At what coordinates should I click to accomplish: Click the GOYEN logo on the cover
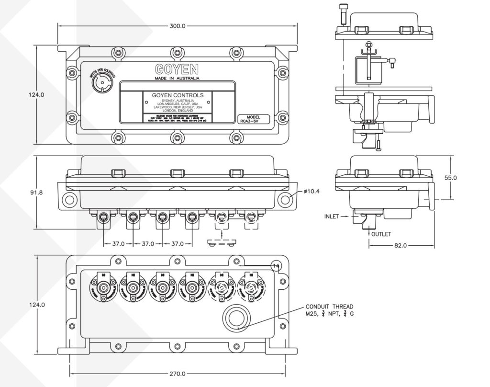(177, 68)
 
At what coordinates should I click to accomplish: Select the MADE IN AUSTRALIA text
(177, 78)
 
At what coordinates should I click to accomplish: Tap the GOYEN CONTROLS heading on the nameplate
(177, 95)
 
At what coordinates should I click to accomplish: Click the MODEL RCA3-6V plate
(253, 119)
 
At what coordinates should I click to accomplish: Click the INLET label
(332, 216)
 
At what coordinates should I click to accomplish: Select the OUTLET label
(381, 234)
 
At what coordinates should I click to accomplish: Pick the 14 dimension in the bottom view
(276, 265)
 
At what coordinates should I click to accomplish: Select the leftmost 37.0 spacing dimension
(118, 244)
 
